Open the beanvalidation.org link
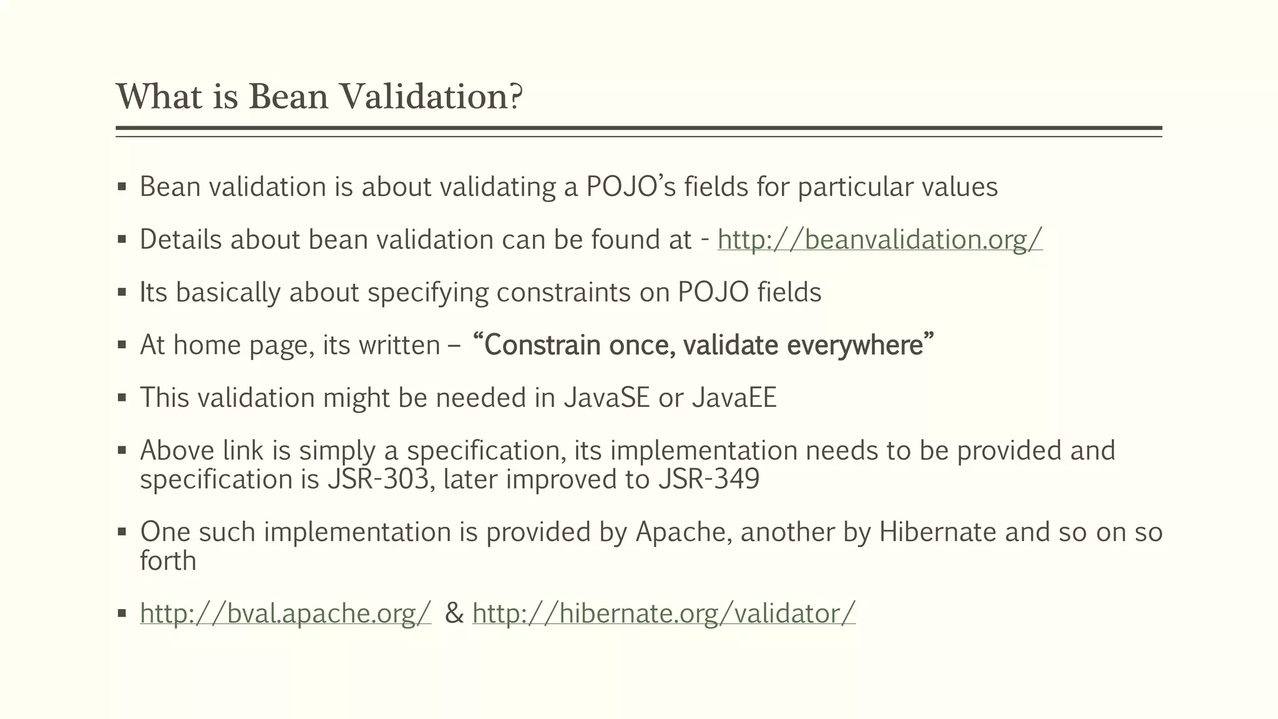point(879,240)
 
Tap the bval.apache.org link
point(285,614)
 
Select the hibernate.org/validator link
point(664,614)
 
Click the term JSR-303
point(378,479)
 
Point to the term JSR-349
point(709,479)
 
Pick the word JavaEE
point(734,398)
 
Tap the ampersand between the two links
point(454,614)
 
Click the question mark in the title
point(516,97)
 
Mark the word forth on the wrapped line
point(168,561)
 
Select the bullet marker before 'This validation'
point(122,398)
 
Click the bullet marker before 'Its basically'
point(122,293)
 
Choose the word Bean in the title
point(288,97)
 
